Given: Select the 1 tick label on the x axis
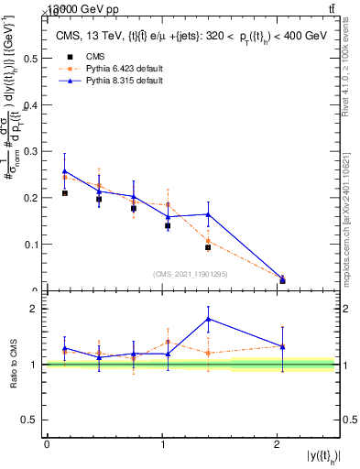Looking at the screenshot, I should click(x=162, y=443).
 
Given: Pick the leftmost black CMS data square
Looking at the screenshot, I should click(x=65, y=193).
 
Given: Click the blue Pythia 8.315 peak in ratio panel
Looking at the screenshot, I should click(x=209, y=319).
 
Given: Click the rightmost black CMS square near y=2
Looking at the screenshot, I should click(x=282, y=280).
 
